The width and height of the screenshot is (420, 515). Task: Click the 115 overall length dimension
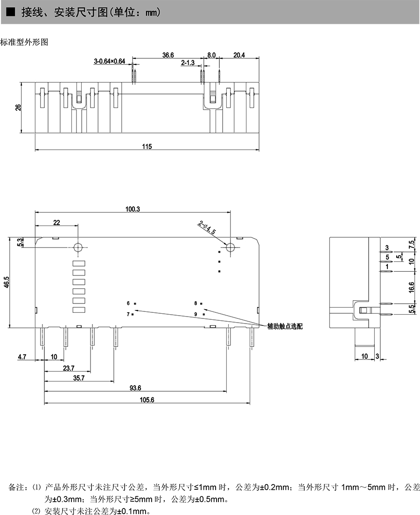point(147,147)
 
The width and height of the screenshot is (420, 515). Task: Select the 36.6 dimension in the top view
point(168,55)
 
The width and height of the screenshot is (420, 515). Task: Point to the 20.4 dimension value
point(239,55)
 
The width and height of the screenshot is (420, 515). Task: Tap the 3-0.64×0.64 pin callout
point(110,61)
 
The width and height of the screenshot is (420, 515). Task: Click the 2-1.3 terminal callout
point(188,63)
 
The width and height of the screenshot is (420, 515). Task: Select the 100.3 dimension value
point(133,209)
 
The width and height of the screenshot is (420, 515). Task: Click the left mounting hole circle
point(78,247)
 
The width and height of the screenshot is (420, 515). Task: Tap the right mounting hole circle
point(230,247)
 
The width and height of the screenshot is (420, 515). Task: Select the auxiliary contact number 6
point(128,303)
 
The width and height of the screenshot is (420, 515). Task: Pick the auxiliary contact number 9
point(196,314)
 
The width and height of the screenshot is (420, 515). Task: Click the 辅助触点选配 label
point(285,326)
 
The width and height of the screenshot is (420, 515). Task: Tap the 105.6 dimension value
point(147,400)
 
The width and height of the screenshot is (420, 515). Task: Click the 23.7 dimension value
point(68,368)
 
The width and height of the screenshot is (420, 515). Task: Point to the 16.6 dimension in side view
point(411,286)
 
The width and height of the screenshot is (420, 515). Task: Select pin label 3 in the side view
point(386,247)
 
